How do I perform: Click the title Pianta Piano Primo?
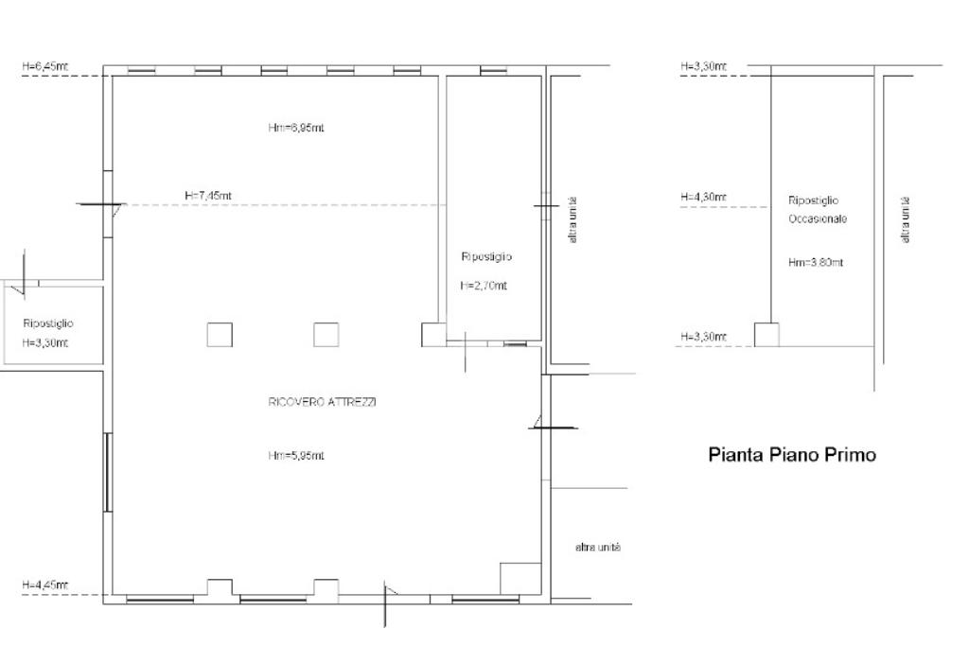pyautogui.click(x=792, y=455)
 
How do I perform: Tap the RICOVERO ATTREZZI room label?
pyautogui.click(x=323, y=401)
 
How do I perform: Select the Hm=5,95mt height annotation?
pyautogui.click(x=296, y=455)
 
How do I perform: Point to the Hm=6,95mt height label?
pyautogui.click(x=296, y=128)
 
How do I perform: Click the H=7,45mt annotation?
pyautogui.click(x=208, y=195)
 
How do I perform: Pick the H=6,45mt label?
pyautogui.click(x=45, y=66)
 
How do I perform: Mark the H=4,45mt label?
pyautogui.click(x=45, y=585)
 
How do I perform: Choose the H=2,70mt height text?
pyautogui.click(x=484, y=286)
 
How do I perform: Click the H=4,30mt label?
pyautogui.click(x=703, y=197)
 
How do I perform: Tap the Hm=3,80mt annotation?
pyautogui.click(x=816, y=263)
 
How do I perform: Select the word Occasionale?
pyautogui.click(x=817, y=218)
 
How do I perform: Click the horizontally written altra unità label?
pyautogui.click(x=598, y=548)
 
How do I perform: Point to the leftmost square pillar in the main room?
pyautogui.click(x=220, y=335)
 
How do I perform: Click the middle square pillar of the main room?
pyautogui.click(x=326, y=335)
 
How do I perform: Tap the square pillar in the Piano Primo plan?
pyautogui.click(x=766, y=335)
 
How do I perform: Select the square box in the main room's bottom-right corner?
pyautogui.click(x=520, y=579)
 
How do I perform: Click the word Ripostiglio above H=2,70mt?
pyautogui.click(x=486, y=256)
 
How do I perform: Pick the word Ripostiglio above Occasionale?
pyautogui.click(x=813, y=201)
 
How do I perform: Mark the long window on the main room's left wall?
pyautogui.click(x=108, y=473)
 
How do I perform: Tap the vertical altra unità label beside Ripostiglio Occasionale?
pyautogui.click(x=906, y=219)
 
